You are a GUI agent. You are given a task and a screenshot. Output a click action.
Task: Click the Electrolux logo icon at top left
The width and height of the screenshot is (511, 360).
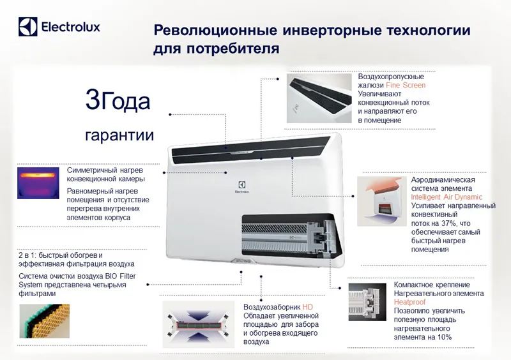tap(27, 27)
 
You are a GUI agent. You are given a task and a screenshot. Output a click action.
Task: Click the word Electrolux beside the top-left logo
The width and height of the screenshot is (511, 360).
tap(71, 27)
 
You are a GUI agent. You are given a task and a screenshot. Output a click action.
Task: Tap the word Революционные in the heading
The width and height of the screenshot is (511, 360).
tap(215, 30)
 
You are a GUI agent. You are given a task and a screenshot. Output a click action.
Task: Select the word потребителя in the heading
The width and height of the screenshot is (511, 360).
tap(233, 49)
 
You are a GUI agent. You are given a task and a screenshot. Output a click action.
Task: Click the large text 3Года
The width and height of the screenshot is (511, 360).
tap(118, 100)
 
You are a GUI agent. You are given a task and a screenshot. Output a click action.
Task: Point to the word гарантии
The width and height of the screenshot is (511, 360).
tap(119, 135)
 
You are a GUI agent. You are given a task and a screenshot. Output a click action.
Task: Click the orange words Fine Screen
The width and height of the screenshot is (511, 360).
tap(406, 85)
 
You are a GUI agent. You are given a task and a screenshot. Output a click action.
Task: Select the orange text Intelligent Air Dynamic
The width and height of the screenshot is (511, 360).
tap(446, 197)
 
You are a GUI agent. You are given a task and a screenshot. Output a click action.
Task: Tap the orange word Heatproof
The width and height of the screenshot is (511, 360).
tap(409, 302)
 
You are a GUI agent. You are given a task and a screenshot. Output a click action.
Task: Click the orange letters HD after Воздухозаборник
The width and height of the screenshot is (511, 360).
tap(308, 307)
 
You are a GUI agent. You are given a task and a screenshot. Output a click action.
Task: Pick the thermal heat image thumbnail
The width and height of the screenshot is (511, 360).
tap(38, 183)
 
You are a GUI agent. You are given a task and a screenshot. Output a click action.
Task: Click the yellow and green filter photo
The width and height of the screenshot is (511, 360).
tap(44, 321)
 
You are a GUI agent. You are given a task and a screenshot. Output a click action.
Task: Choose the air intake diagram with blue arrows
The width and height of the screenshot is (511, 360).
tap(198, 324)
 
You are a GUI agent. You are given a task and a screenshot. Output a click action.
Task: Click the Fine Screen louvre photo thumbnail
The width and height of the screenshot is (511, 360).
tap(319, 98)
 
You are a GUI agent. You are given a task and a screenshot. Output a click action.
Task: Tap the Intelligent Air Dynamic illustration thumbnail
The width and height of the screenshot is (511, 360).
tap(382, 201)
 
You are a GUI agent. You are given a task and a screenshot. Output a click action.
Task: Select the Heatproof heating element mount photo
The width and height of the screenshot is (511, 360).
tap(367, 302)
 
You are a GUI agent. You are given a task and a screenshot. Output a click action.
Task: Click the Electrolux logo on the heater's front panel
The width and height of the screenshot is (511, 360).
tap(242, 187)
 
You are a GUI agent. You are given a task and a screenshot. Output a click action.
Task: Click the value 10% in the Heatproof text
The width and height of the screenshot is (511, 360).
tap(444, 337)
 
